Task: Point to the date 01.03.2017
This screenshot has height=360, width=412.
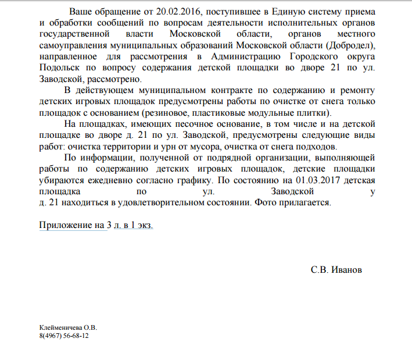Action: (x=317, y=180)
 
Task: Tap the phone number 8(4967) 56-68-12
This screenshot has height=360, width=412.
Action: (x=63, y=336)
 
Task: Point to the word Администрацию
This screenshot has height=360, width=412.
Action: (x=243, y=56)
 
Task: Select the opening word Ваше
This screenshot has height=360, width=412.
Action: (x=82, y=12)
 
